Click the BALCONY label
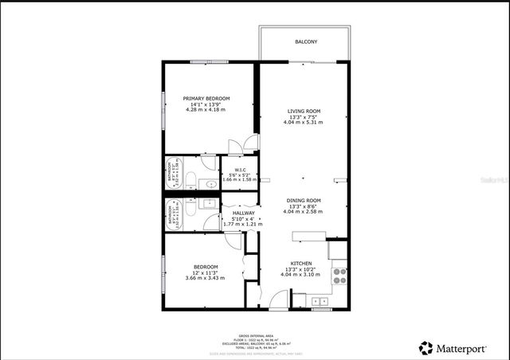(305, 41)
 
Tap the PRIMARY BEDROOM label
(206, 98)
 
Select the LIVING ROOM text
(303, 111)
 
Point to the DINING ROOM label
(303, 200)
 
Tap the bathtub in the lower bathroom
(174, 213)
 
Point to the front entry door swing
(278, 301)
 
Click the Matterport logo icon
(426, 348)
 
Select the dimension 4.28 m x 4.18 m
(206, 109)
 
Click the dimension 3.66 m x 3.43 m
(206, 278)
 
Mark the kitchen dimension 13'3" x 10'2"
(302, 270)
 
